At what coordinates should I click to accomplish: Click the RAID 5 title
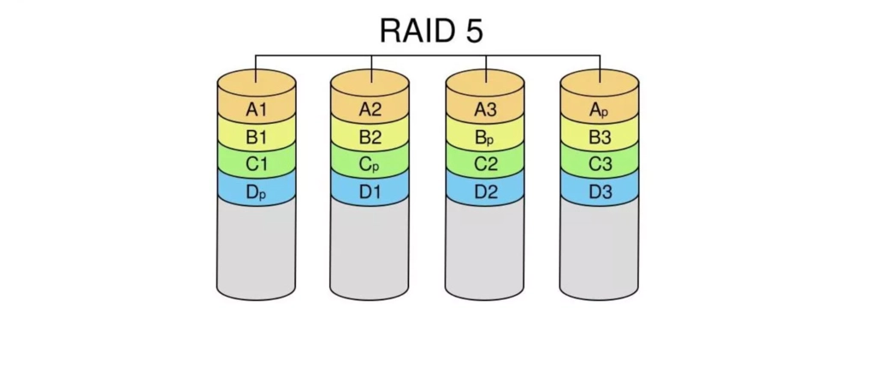point(431,31)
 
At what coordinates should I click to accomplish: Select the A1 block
point(257,109)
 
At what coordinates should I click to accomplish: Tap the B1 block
point(257,137)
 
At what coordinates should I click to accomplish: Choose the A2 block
point(370,109)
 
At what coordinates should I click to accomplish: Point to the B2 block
point(370,137)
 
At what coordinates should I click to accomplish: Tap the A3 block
point(485,109)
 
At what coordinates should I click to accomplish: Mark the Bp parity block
point(485,137)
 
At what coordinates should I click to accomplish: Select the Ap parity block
point(600,109)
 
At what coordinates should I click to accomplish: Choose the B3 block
point(600,137)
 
